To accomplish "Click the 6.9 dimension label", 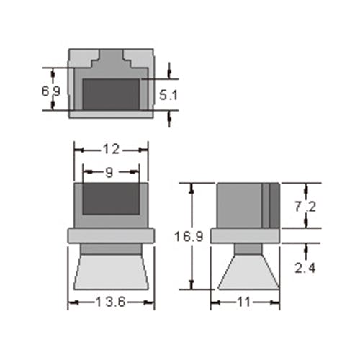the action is pos(51,91).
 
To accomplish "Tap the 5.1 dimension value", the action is pos(168,95).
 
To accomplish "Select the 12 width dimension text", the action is pos(111,150).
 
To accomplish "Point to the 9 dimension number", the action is pos(109,172).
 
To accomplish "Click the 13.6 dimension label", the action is pos(110,302).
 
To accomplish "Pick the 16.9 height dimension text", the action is pos(189,237).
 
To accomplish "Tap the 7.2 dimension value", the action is pos(305,207).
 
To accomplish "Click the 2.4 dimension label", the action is pos(305,268).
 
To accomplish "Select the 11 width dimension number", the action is pos(244,302).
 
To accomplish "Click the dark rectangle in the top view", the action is pos(111,94).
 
